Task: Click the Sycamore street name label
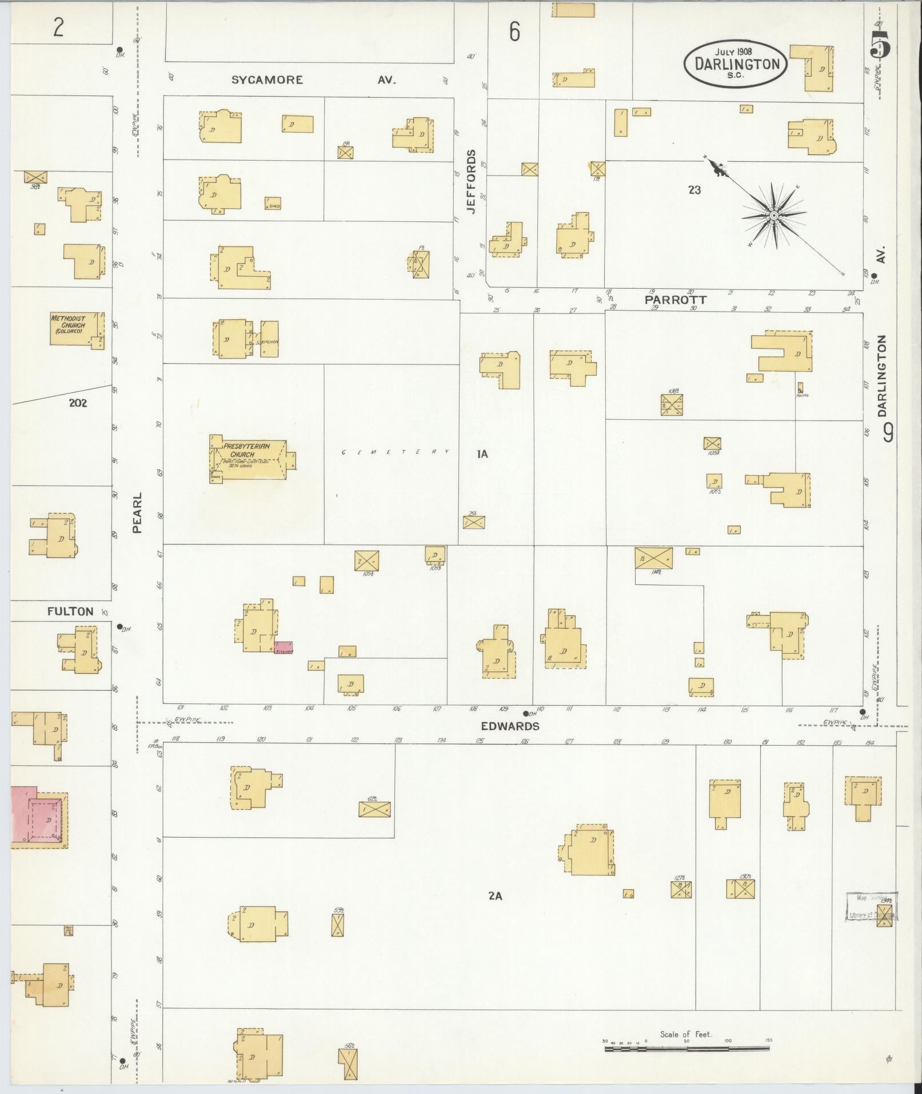pyautogui.click(x=267, y=80)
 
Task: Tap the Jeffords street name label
pyautogui.click(x=471, y=181)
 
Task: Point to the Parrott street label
pyautogui.click(x=675, y=300)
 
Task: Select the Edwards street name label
pyautogui.click(x=510, y=726)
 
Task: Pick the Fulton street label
pyautogui.click(x=70, y=611)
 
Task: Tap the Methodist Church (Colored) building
pyautogui.click(x=76, y=328)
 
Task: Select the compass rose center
pyautogui.click(x=773, y=216)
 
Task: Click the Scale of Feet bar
pyautogui.click(x=686, y=1048)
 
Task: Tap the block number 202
pyautogui.click(x=78, y=403)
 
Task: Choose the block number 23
pyautogui.click(x=694, y=190)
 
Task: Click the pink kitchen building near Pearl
pyautogui.click(x=284, y=648)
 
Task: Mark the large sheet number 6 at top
pyautogui.click(x=514, y=32)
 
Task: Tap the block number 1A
pyautogui.click(x=482, y=454)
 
